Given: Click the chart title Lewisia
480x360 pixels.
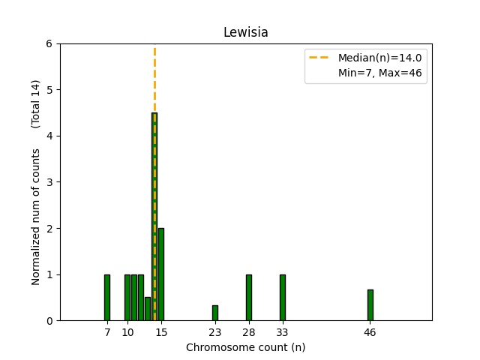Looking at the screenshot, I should coord(245,33).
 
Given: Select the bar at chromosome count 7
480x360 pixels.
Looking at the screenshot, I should coord(107,298).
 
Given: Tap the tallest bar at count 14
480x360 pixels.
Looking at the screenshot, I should coord(154,217).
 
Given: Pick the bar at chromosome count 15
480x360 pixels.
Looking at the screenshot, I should coord(161,274).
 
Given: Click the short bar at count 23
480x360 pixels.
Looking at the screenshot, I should coord(215,313).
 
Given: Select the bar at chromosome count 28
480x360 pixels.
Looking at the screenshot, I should coord(249,298).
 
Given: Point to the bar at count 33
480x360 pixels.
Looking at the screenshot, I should coord(283,298).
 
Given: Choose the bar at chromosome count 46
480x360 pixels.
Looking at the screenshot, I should coord(370,305).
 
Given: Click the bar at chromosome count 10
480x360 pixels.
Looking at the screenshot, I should coord(127,298).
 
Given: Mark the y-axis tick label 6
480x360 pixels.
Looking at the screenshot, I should coord(49,43).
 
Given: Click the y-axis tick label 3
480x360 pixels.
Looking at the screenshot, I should coord(49,182).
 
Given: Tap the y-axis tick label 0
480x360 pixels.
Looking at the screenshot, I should coord(49,321).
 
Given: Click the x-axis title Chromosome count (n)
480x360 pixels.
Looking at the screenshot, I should coord(245,347).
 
